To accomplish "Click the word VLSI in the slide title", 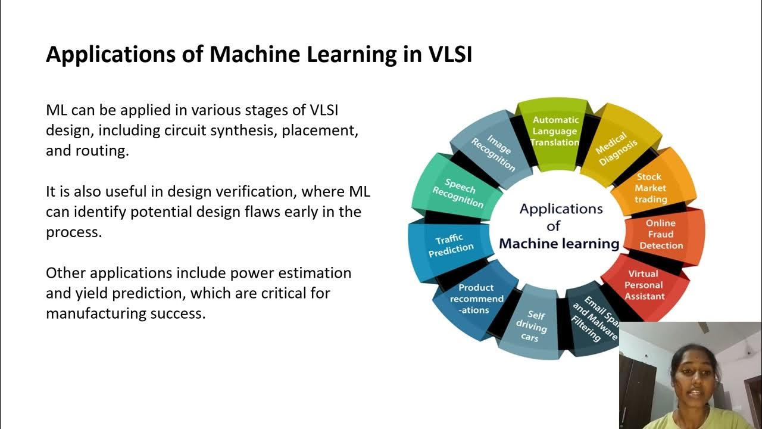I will coord(450,54).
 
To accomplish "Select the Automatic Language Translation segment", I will coord(555,131).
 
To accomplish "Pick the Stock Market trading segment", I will coord(650,188).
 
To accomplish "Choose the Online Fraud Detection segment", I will coord(661,234).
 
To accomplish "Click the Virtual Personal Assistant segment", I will coord(644,285).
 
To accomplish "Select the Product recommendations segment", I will coord(476,299).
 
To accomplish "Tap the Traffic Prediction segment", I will coord(450,245).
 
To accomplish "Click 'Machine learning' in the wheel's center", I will coord(559,244).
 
